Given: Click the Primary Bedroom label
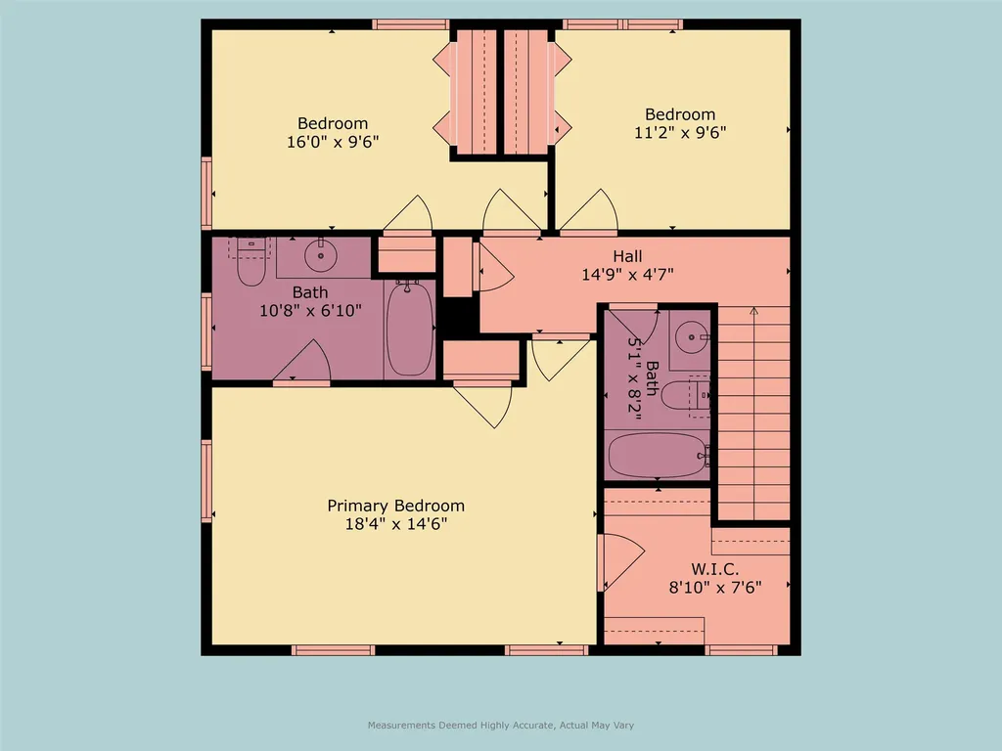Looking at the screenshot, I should (395, 506).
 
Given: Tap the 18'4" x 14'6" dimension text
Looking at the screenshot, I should (395, 524).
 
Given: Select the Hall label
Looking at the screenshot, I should (627, 256).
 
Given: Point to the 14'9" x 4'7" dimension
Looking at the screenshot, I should (627, 275).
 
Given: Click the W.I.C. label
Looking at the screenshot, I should (714, 568).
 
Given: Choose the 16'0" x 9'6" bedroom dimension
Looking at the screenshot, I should (333, 142).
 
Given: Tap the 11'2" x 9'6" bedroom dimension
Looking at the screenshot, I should (680, 132).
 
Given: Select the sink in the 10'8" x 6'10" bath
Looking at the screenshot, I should (320, 256).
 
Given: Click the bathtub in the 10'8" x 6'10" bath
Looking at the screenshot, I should (408, 329).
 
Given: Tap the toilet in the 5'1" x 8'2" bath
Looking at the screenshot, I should (683, 396).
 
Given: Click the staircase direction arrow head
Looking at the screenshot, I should (753, 312).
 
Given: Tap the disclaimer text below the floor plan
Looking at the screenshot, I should (500, 726).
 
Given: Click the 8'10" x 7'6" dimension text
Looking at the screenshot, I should (714, 587).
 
